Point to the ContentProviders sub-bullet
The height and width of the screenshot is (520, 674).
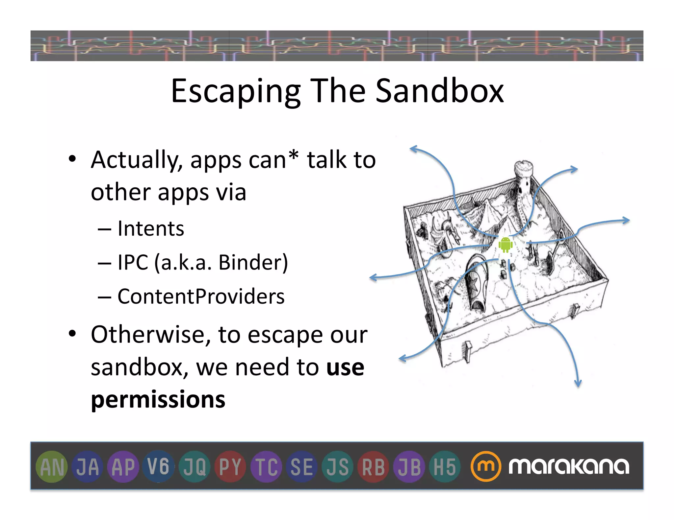coord(201,296)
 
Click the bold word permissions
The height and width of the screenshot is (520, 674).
coord(158,400)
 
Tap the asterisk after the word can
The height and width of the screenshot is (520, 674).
coord(293,155)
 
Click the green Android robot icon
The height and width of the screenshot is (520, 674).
coord(505,244)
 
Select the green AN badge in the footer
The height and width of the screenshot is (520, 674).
coord(52,467)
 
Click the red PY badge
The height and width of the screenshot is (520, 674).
coord(230,467)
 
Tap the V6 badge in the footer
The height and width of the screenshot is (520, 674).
coord(159,466)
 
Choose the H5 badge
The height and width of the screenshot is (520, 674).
coord(445,467)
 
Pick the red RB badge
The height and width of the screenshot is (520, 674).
coord(373,467)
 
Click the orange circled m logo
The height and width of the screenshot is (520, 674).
coord(485,466)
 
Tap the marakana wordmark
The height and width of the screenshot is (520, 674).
coord(569,466)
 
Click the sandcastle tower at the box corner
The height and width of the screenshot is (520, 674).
coord(523,177)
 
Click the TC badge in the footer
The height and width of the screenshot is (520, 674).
coord(266,467)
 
